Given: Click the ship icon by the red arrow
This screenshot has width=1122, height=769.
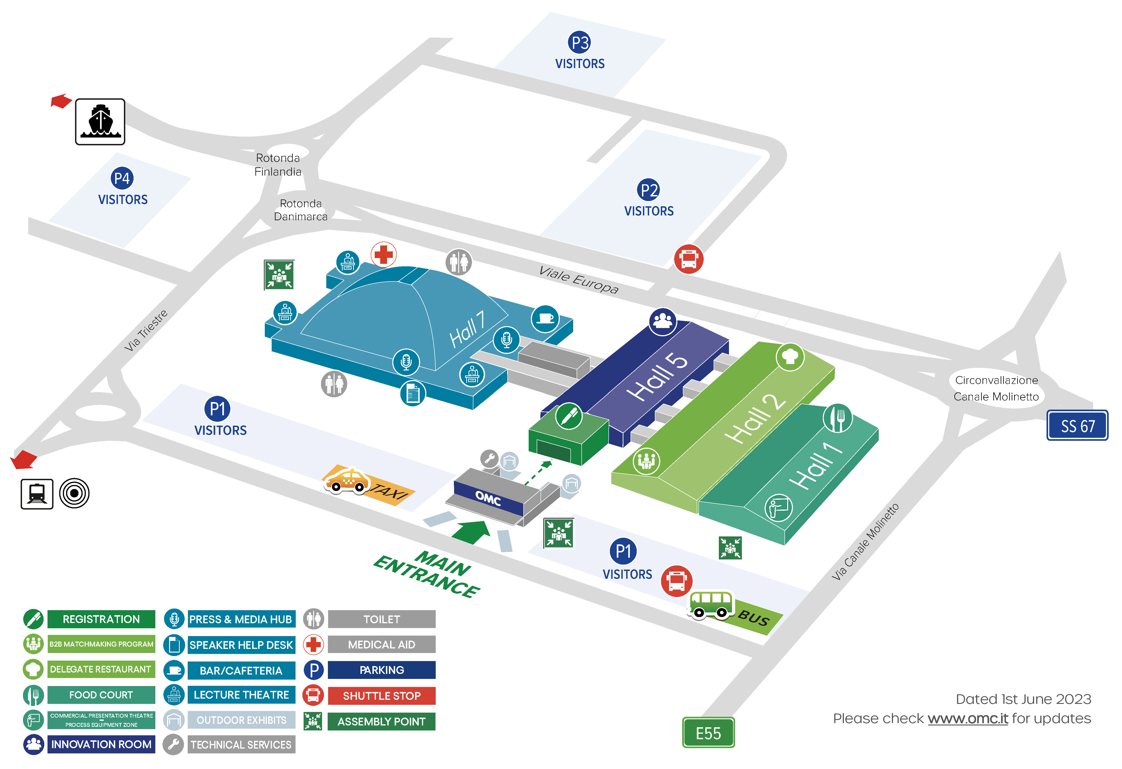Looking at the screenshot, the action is tap(100, 121).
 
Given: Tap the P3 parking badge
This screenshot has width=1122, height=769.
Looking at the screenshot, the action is tap(579, 42).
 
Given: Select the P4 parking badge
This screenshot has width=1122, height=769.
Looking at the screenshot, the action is tap(122, 179).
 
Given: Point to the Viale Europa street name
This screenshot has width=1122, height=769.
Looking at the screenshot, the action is tap(578, 280).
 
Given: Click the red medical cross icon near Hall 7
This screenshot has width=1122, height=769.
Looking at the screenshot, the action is tap(384, 254).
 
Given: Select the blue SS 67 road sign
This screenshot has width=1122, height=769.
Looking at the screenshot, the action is tap(1077, 425).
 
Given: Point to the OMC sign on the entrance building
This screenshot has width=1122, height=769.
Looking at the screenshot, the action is tap(488, 498).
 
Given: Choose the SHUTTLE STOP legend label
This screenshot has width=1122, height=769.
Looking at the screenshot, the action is tap(381, 696).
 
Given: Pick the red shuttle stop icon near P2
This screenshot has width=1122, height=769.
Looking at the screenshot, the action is tap(688, 259).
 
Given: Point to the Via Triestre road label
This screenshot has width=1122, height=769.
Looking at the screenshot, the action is tap(146, 331).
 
